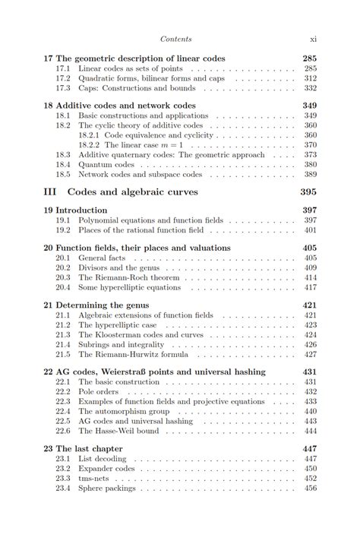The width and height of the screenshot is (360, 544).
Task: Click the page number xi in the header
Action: (313, 39)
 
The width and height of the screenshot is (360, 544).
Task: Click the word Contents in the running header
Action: (175, 39)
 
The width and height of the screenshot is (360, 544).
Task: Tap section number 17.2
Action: (63, 78)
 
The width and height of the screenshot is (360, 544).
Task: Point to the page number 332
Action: (310, 88)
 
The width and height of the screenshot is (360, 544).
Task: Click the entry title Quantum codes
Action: (106, 164)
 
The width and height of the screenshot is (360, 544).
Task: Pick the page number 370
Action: (310, 144)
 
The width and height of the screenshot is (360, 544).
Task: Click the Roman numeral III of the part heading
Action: (49, 192)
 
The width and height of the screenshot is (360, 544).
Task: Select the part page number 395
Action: (308, 192)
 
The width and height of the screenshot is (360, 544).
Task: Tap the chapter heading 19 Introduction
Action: (75, 210)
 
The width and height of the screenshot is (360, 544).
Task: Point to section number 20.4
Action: (63, 287)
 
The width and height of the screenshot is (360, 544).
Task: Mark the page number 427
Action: (310, 354)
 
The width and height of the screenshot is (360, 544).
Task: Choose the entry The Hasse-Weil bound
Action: (118, 431)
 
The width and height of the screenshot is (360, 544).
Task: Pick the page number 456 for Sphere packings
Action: (310, 489)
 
